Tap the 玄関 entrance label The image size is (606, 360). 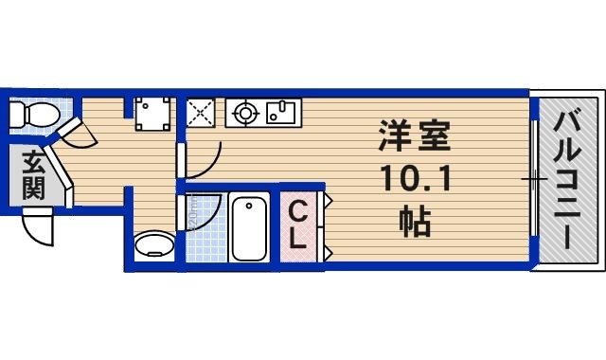(32, 174)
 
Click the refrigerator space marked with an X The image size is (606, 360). (201, 113)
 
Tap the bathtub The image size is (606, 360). (250, 227)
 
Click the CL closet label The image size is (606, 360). (296, 225)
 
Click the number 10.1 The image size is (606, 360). (408, 181)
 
